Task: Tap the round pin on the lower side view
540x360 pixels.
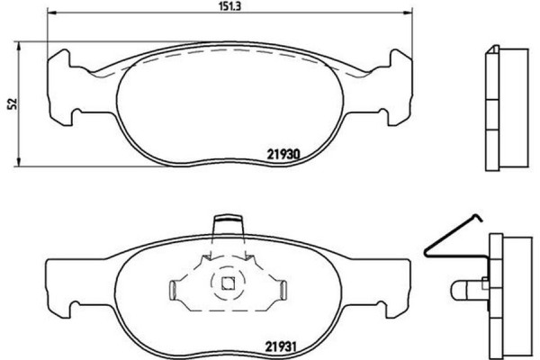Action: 462,290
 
